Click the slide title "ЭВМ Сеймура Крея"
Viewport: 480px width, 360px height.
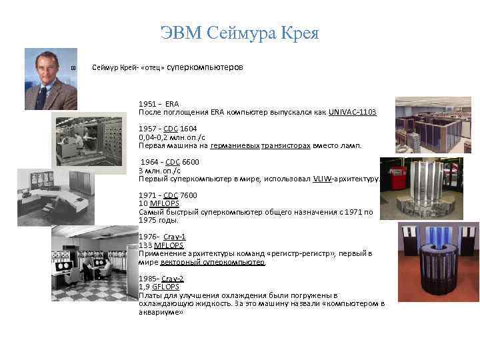point(240,32)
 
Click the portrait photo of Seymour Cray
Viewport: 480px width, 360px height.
point(51,79)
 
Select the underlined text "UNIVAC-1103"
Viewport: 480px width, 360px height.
point(353,112)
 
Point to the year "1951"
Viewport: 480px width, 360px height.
point(147,104)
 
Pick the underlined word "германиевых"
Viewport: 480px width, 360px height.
point(235,145)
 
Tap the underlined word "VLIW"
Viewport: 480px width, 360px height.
point(322,178)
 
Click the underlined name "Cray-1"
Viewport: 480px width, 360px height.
point(174,237)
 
